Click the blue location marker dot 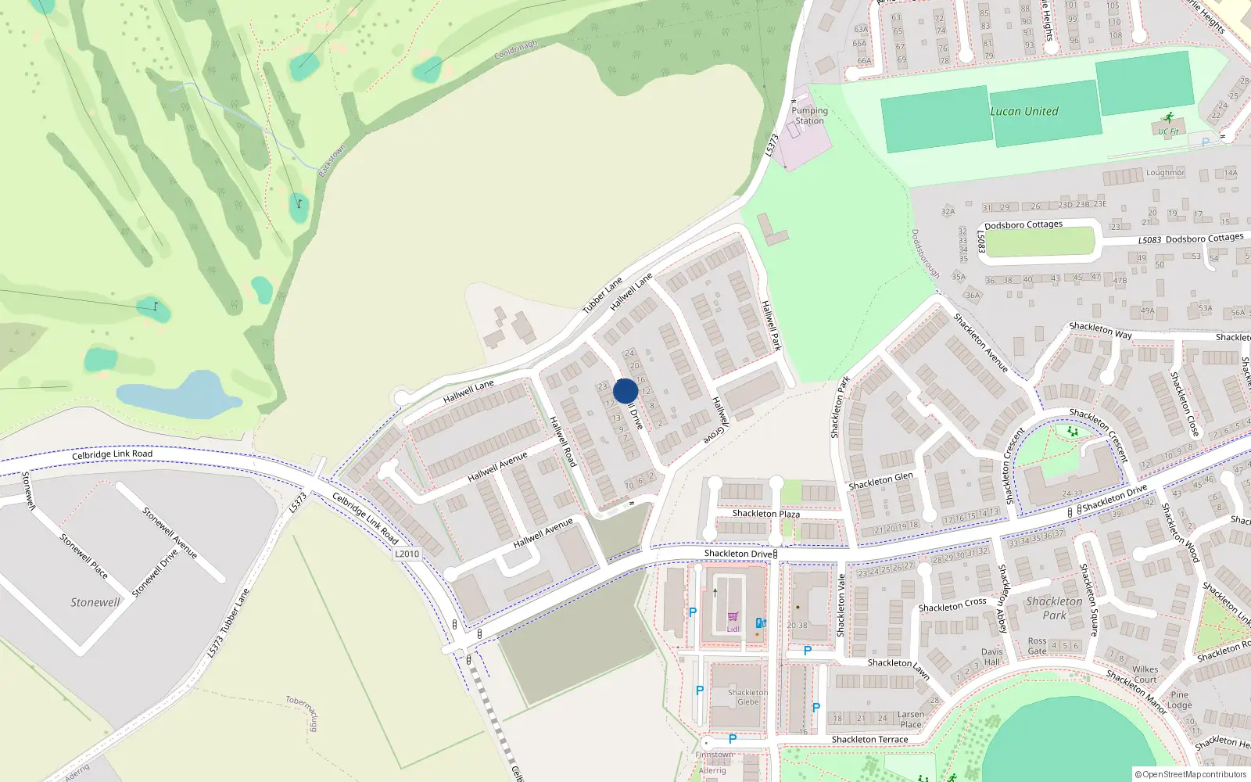coord(625,391)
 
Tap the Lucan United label coord(1024,111)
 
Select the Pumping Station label coord(809,116)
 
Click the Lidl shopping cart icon coord(733,617)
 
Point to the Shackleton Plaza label coord(765,514)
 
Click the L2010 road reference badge coord(407,554)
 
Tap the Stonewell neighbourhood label coord(95,602)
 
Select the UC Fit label coord(1168,132)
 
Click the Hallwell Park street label coord(771,325)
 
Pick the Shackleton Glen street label coord(880,481)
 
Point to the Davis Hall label coord(991,657)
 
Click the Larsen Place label coord(911,719)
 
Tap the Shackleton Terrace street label coord(869,740)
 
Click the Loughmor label coord(1165,173)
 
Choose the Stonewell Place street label coord(84,556)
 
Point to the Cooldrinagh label coord(516,50)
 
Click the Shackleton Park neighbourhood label coord(1054,608)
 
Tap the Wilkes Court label coord(1145,674)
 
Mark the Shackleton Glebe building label coord(747,697)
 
